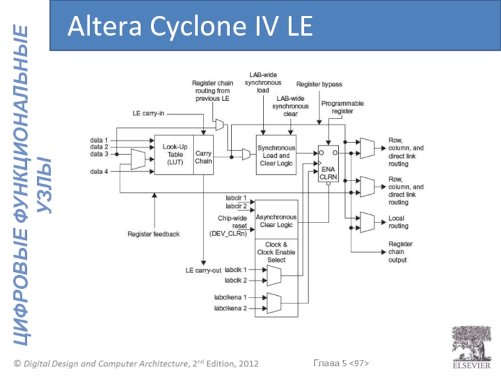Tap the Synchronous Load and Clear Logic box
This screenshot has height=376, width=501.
276,155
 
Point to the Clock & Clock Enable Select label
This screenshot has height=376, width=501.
276,252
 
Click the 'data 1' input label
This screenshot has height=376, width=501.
99,140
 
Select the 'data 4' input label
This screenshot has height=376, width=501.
99,171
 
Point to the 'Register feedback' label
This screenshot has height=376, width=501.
153,234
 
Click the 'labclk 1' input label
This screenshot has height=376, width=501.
235,269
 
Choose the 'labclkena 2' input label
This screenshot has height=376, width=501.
230,308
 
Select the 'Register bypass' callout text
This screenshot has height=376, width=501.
319,84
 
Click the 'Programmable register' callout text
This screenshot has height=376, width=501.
342,107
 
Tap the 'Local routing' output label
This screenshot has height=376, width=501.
398,222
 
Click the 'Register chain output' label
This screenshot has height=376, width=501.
400,251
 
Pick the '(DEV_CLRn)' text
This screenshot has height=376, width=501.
227,234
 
